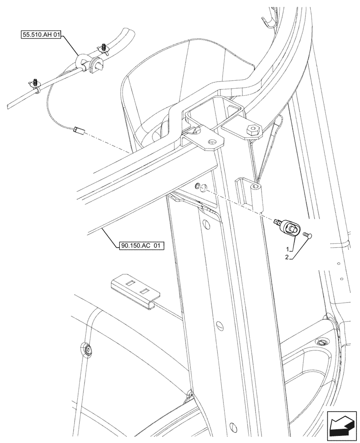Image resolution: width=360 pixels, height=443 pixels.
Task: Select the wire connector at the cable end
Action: click(x=79, y=130)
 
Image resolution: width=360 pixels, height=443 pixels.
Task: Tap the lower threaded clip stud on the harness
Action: click(x=35, y=82)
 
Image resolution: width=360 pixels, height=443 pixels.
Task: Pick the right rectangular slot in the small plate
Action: click(x=144, y=292)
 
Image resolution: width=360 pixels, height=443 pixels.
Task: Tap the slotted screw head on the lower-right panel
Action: click(x=321, y=342)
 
